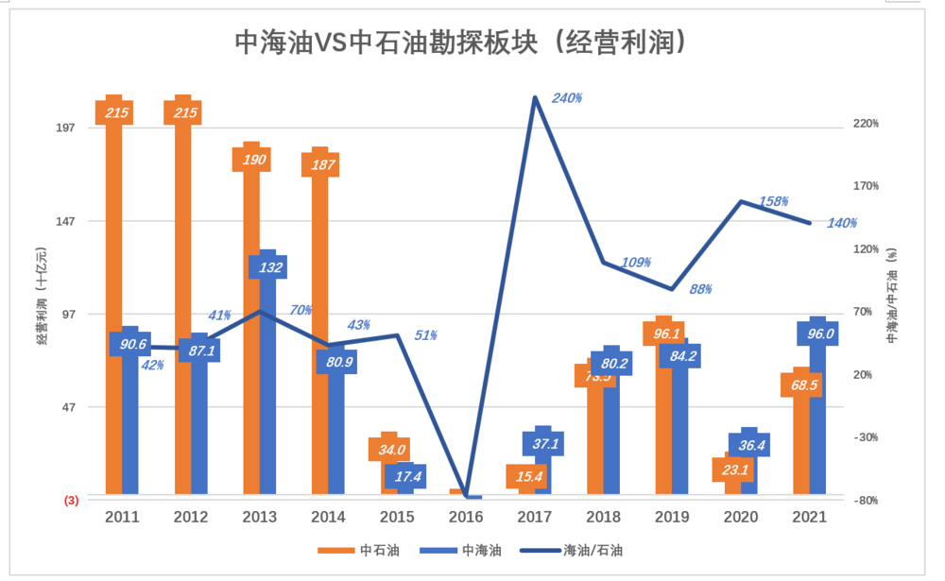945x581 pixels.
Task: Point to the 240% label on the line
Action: [567, 97]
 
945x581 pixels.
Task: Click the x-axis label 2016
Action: [466, 518]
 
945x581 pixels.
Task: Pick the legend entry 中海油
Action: [463, 550]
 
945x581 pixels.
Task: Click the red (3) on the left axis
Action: [71, 501]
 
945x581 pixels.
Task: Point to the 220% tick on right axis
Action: [867, 124]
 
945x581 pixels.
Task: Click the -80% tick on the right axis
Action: [867, 501]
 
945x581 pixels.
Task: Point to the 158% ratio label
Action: [774, 201]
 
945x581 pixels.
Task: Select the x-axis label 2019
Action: [671, 518]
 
